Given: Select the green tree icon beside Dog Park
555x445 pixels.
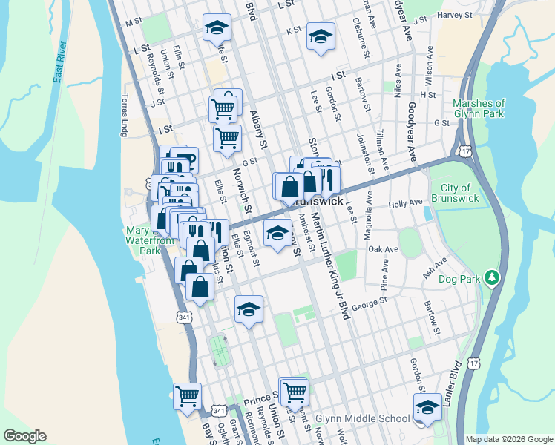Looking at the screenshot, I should coord(490,278).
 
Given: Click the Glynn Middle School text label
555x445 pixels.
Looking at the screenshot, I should coord(362,418).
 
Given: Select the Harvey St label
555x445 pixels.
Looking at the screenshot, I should coord(455,14).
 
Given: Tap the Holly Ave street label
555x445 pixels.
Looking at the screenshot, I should coord(405,202).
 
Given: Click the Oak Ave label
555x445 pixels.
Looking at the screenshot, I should coord(384,250).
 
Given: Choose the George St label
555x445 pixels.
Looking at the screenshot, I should coord(370,303).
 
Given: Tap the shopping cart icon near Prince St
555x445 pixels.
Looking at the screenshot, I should coord(295,390).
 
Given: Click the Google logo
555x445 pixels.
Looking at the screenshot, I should coord(24,436).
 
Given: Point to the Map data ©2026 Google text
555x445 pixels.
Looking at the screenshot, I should coord(509,439).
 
